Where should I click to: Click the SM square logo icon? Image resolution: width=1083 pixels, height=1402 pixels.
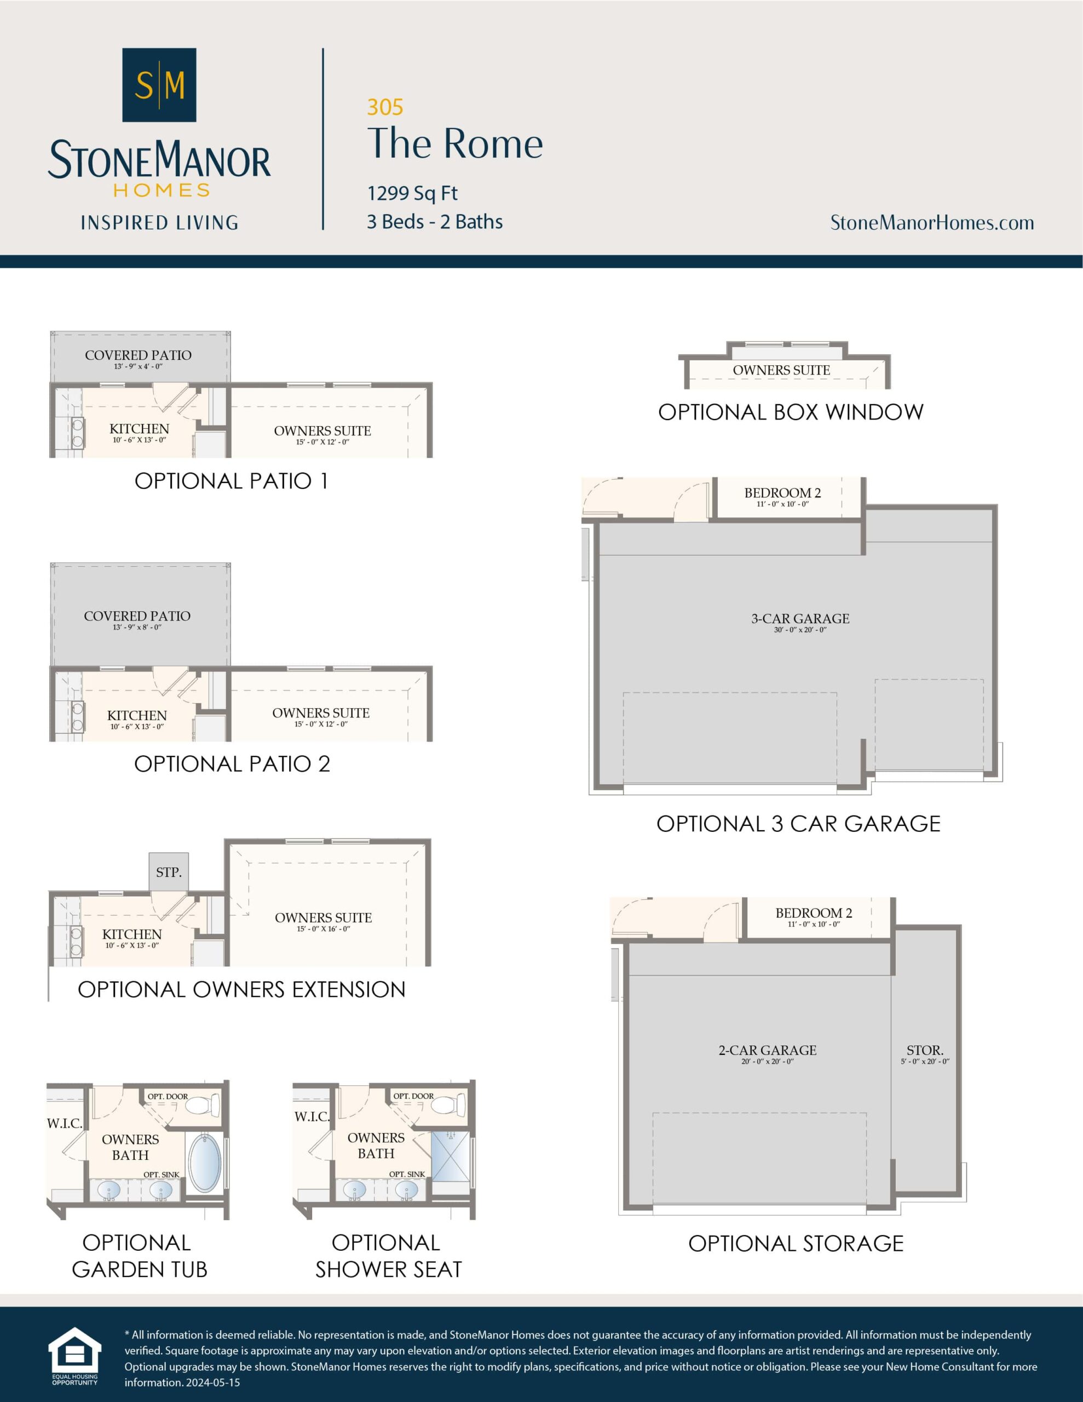point(159,85)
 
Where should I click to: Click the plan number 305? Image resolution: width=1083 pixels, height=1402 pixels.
point(385,107)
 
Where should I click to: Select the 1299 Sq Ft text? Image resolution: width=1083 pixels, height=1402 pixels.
point(412,193)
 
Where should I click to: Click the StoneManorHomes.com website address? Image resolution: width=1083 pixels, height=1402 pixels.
point(931,223)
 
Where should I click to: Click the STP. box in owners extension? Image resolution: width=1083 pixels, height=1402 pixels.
point(169,872)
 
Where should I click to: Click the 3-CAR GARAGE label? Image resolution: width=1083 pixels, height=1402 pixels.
point(800,619)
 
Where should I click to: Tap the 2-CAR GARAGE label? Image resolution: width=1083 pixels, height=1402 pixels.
point(767,1051)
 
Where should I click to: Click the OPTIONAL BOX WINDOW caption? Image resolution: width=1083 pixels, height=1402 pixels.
point(790,412)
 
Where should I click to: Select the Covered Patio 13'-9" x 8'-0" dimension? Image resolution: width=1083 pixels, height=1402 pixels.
point(137,627)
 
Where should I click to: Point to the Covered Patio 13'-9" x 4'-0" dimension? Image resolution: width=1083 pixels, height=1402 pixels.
point(138,366)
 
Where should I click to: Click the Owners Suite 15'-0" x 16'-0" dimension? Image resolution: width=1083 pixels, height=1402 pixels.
point(323,929)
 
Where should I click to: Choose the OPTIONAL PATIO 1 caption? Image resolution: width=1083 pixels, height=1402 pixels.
point(231,481)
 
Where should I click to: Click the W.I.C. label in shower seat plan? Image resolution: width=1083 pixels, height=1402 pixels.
point(312,1117)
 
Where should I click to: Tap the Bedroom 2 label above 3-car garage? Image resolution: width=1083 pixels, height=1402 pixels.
point(782,493)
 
